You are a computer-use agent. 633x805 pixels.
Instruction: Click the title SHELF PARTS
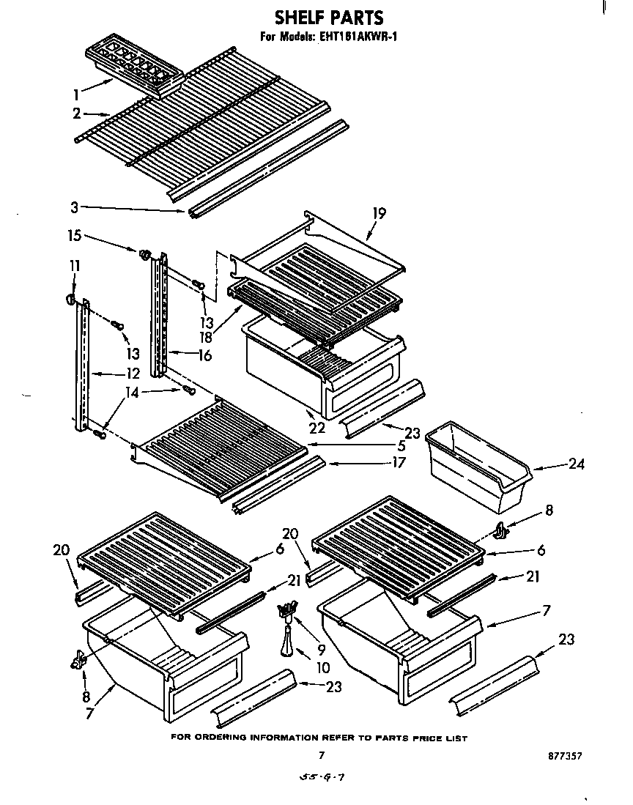click(328, 17)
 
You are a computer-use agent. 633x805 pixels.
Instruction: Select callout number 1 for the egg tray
click(76, 93)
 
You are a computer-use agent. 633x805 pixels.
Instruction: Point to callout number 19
click(379, 213)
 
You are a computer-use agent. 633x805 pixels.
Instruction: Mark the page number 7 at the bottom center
click(321, 754)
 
